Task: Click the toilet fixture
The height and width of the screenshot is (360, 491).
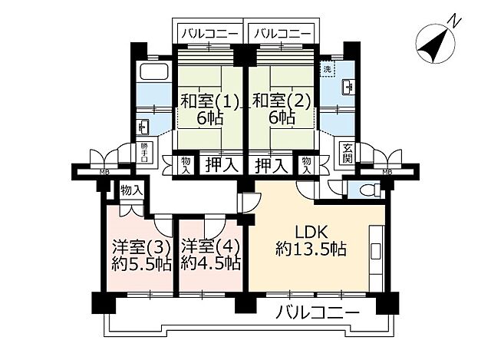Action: [366, 189]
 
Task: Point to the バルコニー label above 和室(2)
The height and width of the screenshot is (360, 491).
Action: [281, 33]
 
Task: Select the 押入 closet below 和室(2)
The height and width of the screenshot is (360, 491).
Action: [272, 163]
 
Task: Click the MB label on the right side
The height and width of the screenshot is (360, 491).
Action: [387, 172]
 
